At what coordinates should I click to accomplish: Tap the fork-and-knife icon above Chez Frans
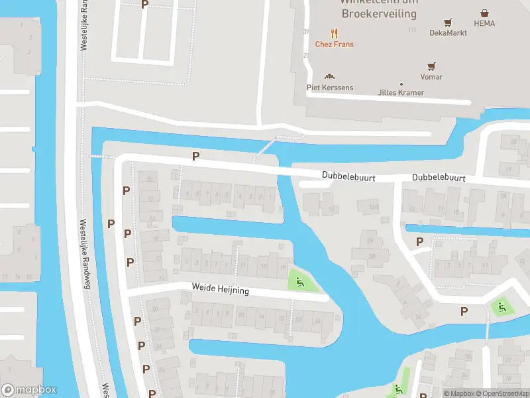[334, 33]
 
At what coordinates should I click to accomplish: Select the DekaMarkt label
[448, 33]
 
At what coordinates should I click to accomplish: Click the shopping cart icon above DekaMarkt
[448, 21]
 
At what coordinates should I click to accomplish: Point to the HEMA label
[484, 23]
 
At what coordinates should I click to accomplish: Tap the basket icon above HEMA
[485, 12]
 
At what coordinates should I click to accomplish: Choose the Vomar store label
[431, 77]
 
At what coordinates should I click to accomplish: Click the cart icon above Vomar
[431, 66]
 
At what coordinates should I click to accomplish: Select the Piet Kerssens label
[329, 88]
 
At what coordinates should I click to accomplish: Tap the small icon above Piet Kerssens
[329, 76]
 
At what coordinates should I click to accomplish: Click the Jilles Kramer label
[401, 92]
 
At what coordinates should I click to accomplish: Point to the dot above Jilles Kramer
[401, 84]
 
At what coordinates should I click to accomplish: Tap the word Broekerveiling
[379, 13]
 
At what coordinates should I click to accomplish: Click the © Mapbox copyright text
[460, 393]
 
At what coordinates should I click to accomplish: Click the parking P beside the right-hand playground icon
[464, 311]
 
